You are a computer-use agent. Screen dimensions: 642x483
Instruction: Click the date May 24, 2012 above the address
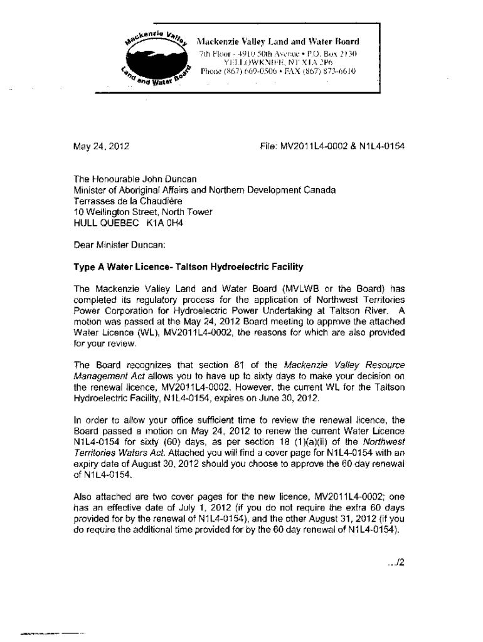pos(102,147)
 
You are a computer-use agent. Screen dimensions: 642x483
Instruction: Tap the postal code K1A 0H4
pos(168,222)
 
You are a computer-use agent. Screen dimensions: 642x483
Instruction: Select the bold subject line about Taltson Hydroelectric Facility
pos(188,266)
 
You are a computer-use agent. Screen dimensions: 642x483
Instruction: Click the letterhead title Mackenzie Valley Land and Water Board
pos(279,42)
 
